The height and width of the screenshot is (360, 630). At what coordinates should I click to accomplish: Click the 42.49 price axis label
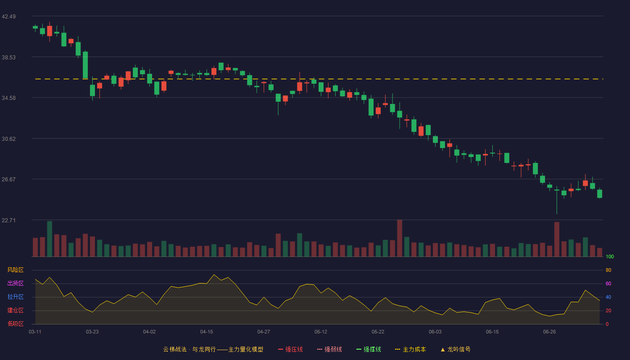(9, 17)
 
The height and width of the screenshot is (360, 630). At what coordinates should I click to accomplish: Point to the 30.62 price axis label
(9, 139)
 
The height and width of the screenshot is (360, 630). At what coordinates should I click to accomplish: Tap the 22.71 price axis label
(9, 220)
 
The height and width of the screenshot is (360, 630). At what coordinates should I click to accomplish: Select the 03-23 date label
(92, 332)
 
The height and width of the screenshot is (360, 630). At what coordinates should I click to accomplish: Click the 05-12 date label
(321, 332)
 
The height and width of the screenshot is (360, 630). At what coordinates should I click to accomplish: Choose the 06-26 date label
(549, 332)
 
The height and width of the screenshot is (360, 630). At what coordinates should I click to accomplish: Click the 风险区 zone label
(15, 270)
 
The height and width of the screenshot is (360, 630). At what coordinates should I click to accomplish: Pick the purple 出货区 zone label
(15, 283)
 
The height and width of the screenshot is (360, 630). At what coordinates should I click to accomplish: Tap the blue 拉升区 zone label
(15, 297)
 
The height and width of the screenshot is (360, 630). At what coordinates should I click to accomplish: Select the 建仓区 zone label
(15, 310)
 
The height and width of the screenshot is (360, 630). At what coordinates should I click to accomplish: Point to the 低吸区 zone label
(15, 324)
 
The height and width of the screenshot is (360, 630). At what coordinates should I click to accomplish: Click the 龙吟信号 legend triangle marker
(443, 350)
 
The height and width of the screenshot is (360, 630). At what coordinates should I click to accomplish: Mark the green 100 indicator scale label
(610, 257)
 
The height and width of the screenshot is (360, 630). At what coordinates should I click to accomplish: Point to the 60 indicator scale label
(608, 283)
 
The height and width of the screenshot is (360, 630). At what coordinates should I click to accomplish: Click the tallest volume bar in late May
(400, 238)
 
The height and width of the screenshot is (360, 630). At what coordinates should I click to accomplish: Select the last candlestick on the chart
(599, 193)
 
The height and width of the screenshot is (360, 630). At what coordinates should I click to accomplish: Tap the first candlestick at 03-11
(35, 27)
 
